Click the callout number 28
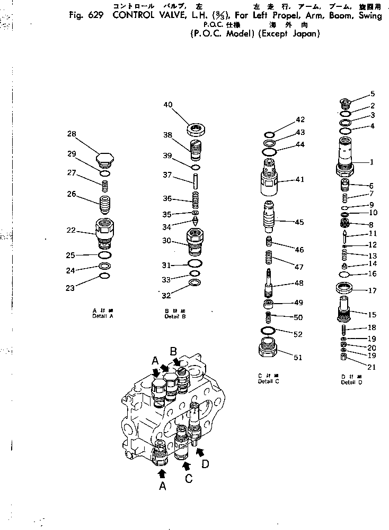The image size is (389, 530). [72, 134]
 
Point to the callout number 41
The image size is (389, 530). [300, 179]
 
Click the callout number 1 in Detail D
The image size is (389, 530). [372, 162]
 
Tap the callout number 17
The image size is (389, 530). [372, 290]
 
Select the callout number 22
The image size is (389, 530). [72, 231]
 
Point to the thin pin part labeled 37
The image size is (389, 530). [196, 181]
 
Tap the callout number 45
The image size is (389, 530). [299, 222]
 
